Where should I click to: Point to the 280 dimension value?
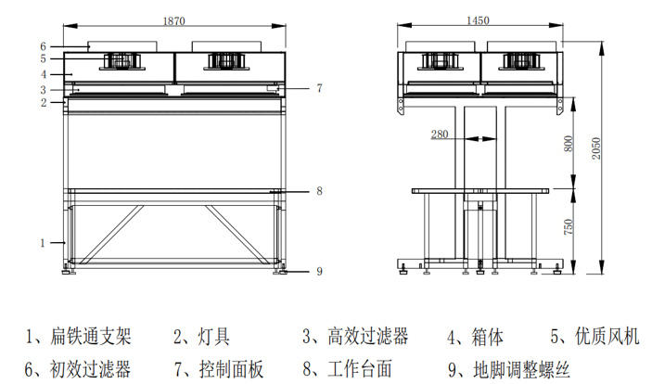(441, 134)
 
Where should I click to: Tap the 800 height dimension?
(568, 144)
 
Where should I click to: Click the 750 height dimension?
(568, 225)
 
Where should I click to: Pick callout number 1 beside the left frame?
(43, 243)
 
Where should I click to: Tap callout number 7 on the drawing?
(318, 88)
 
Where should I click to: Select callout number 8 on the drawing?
(318, 191)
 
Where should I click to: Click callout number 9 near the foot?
(318, 271)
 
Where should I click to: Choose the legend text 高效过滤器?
(368, 336)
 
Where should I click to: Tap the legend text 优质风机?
(607, 336)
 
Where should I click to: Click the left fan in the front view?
(121, 59)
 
